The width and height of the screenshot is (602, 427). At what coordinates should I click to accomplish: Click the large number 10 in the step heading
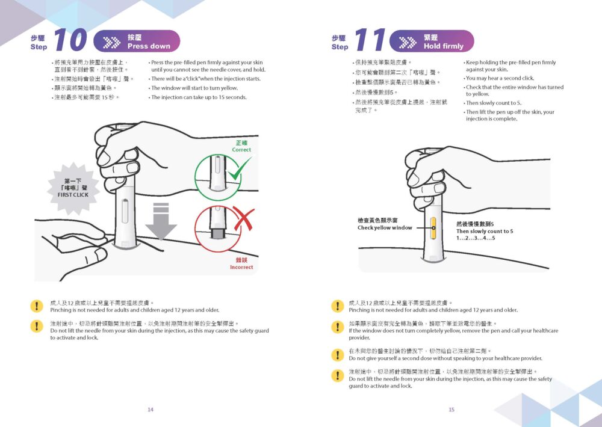click(x=70, y=40)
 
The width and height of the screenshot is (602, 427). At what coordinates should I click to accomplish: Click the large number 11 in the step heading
click(x=370, y=40)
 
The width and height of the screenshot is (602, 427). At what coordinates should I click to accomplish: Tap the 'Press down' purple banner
click(x=138, y=41)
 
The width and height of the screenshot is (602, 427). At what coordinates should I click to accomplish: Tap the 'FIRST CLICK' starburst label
click(x=72, y=188)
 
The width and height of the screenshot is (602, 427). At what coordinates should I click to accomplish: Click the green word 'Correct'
click(x=241, y=150)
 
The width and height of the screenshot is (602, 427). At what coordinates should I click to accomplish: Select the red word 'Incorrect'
click(x=241, y=267)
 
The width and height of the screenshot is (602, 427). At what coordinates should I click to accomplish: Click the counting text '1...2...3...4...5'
click(x=476, y=238)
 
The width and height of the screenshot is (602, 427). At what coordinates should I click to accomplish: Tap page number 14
click(x=150, y=410)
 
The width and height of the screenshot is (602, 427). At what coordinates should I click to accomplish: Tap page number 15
click(x=451, y=410)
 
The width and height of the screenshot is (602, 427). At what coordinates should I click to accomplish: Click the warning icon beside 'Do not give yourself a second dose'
click(x=338, y=354)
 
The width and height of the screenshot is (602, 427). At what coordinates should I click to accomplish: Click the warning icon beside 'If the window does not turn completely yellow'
click(x=338, y=327)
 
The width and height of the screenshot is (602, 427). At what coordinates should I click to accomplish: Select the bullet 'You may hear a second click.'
click(x=499, y=78)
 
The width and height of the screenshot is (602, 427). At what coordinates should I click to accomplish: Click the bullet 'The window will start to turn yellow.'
click(x=194, y=88)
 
